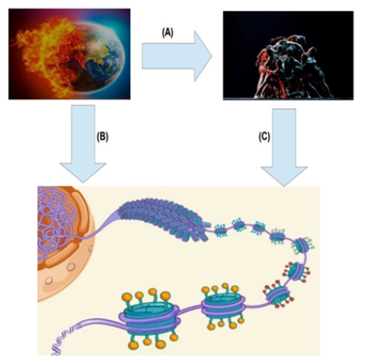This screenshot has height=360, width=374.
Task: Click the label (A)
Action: tap(167, 33)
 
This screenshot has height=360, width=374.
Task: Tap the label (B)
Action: tap(102, 136)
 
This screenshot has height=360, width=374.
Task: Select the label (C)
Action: tap(264, 136)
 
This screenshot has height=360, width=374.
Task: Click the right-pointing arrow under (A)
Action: tap(176, 56)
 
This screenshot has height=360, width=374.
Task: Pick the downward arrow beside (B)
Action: tap(83, 144)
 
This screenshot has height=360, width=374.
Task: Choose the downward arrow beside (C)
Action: tap(284, 148)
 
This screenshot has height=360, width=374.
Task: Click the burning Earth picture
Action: tap(69, 54)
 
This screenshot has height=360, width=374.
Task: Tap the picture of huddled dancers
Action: tap(288, 55)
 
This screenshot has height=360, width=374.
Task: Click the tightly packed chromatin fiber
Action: tap(164, 219)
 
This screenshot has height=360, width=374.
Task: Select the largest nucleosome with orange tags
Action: tap(150, 319)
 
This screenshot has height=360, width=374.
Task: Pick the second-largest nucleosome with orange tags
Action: tap(223, 305)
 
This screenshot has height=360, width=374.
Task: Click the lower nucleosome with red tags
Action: tap(279, 295)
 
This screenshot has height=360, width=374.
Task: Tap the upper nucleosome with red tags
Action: tap(297, 272)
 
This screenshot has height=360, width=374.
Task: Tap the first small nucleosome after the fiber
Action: tap(221, 231)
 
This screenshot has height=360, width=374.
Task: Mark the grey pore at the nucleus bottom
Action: tap(49, 280)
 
